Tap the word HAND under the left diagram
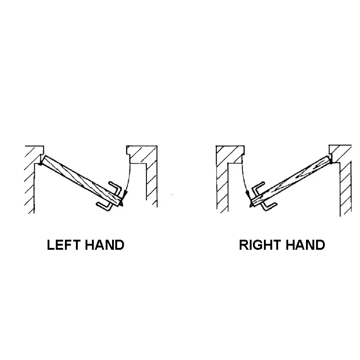tap(105, 245)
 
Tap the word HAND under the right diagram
tap(306, 245)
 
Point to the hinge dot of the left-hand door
tap(40, 163)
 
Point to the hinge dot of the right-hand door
tap(331, 162)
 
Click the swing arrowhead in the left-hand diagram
tap(125, 193)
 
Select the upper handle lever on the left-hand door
tap(115, 188)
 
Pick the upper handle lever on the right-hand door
tap(258, 188)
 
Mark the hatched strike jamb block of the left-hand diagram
tap(141, 154)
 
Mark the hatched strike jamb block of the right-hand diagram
tap(230, 155)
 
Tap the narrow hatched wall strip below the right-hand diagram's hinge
tap(345, 189)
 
